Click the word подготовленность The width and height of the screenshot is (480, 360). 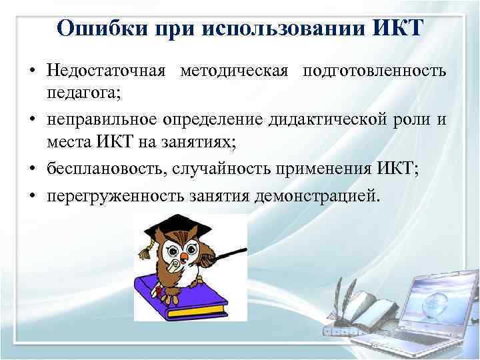pos(374,71)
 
